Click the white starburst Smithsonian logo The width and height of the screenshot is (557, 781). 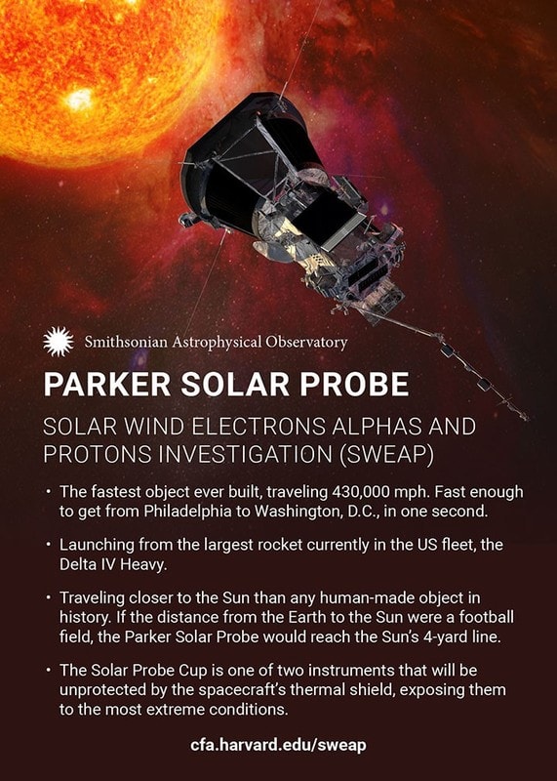pyautogui.click(x=59, y=342)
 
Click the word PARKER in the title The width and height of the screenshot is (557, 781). pyautogui.click(x=107, y=384)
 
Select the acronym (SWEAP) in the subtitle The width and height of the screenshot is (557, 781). pyautogui.click(x=386, y=454)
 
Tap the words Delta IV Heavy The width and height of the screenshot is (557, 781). pyautogui.click(x=112, y=565)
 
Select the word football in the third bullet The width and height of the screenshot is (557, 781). pyautogui.click(x=486, y=617)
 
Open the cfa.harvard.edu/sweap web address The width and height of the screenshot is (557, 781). pyautogui.click(x=278, y=745)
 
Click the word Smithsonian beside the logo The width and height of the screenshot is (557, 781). pyautogui.click(x=126, y=343)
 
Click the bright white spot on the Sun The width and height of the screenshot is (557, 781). pyautogui.click(x=80, y=100)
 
